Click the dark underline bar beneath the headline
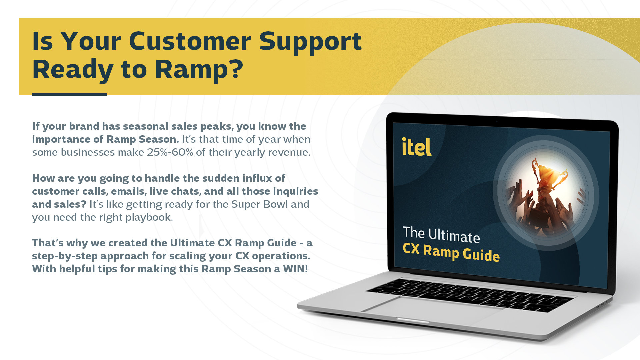69,94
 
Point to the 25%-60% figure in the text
170,152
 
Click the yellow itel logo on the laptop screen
417,147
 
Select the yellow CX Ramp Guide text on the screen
451,253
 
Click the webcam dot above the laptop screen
497,121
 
